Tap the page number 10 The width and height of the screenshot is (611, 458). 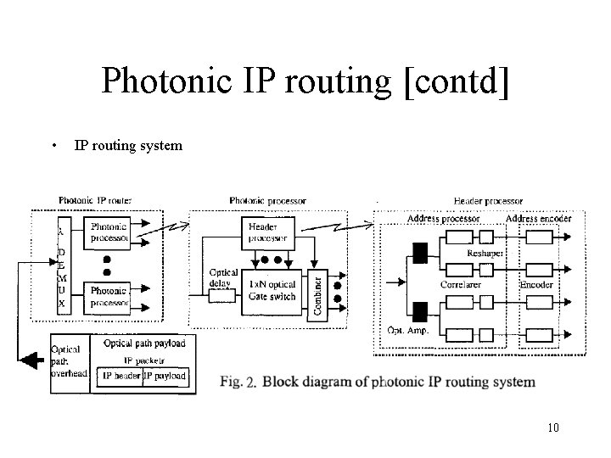point(554,427)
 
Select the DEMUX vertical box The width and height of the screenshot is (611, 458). point(61,265)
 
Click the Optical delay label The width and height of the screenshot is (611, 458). point(224,277)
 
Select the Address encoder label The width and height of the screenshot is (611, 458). point(539,219)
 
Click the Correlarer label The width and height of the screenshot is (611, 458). point(462,285)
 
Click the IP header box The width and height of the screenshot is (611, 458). point(119,375)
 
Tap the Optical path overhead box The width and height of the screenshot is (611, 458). point(68,361)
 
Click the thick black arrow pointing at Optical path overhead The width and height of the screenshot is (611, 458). point(31,361)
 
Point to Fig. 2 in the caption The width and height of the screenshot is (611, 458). point(238,382)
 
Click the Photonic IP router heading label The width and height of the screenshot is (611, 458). point(95,200)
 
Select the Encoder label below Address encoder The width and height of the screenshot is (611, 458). point(536,285)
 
